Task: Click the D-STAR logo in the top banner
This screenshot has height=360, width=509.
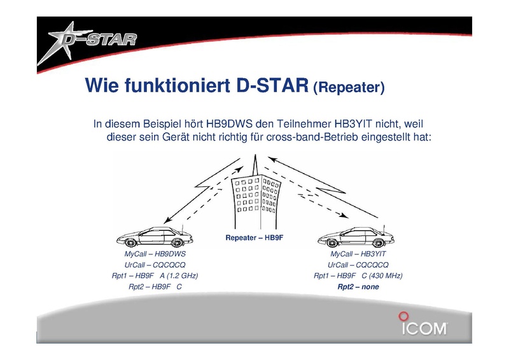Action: point(87,42)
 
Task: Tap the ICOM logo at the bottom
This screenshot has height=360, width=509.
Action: point(423,324)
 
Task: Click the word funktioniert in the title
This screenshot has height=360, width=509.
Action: point(178,85)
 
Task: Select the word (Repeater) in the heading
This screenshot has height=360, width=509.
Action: point(349,87)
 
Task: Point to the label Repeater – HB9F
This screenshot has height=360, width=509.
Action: point(254,238)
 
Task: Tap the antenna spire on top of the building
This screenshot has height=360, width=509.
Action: point(256,166)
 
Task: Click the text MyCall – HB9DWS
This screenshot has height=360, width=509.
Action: point(155,254)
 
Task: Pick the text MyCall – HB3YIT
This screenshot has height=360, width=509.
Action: point(358,254)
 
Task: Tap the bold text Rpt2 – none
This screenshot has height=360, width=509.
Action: point(358,287)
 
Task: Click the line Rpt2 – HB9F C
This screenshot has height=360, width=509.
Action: point(155,287)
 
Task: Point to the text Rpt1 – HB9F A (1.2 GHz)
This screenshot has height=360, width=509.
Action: point(155,275)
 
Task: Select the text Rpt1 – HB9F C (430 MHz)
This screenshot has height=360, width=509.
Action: point(358,275)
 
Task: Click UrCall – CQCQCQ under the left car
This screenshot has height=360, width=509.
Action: point(155,265)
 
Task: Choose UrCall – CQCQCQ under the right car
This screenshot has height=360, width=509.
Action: point(358,265)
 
